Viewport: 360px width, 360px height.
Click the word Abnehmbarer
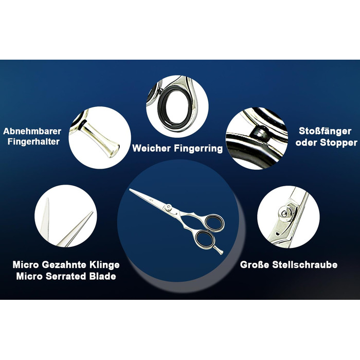pos(32,131)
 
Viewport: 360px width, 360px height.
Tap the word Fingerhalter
pos(33,141)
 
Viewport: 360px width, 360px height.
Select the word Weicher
pos(152,148)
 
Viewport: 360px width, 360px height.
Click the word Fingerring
pos(198,149)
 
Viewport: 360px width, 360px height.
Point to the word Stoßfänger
pos(325,131)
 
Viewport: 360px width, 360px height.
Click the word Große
pos(255,265)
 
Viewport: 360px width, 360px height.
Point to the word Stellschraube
pos(305,265)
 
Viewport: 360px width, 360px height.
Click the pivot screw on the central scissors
pos(169,207)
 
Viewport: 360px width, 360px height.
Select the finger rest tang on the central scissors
pos(219,250)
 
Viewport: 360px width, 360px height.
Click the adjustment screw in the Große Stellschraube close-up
pos(285,214)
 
